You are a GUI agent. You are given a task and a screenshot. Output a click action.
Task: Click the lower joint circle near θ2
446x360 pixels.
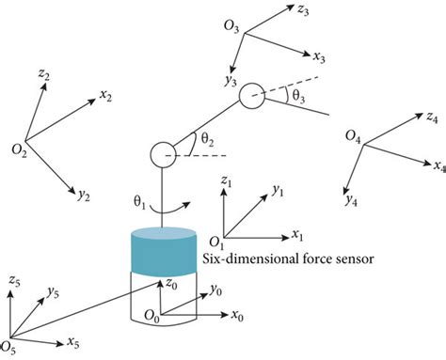point(161,152)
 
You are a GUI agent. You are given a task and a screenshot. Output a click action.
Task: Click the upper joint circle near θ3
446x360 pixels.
point(251,96)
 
